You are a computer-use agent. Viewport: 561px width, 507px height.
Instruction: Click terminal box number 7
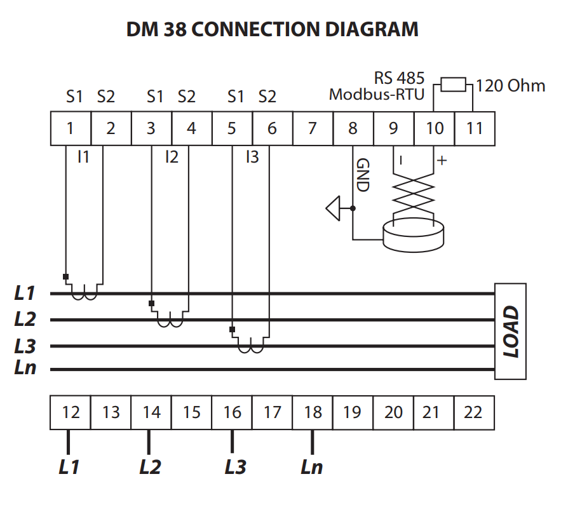312,128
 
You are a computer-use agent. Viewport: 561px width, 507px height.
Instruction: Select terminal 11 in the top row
475,128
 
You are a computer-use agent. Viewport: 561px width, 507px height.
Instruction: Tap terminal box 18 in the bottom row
312,412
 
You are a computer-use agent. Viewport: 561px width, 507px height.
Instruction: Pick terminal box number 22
473,412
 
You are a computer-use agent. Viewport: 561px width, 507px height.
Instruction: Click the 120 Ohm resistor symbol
454,84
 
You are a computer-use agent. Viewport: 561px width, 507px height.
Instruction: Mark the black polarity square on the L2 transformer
151,303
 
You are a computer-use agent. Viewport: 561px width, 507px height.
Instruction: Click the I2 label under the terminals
172,156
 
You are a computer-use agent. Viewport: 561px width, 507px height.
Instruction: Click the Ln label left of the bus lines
25,368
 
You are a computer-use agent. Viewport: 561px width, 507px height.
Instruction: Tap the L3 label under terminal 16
235,467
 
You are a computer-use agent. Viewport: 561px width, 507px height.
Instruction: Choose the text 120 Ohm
510,85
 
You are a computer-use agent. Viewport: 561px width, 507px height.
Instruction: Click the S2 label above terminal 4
186,97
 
